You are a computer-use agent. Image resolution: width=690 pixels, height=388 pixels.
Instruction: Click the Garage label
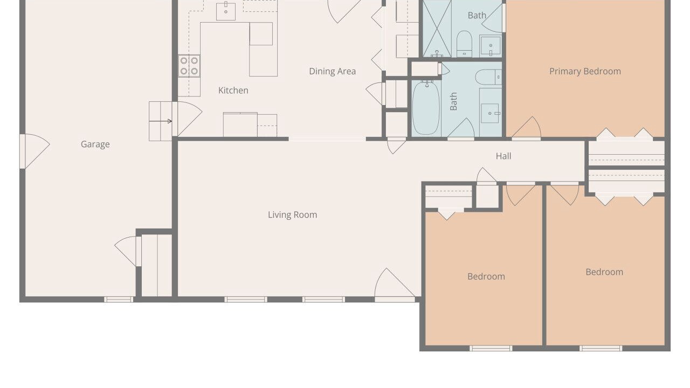click(x=95, y=144)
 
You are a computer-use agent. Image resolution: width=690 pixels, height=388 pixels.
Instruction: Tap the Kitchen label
click(x=233, y=91)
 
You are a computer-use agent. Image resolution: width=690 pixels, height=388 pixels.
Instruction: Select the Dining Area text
click(x=333, y=72)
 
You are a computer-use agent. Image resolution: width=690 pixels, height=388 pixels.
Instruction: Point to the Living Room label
click(x=292, y=214)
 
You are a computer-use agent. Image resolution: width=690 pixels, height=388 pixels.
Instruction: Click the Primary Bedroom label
click(x=585, y=72)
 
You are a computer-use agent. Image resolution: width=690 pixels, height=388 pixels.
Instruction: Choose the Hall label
click(x=503, y=156)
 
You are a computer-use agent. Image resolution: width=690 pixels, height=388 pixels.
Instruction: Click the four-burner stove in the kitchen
click(x=189, y=66)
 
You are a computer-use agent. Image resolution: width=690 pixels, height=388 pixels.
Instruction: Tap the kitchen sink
click(x=226, y=11)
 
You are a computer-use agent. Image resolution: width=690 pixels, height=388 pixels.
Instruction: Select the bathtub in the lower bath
click(x=426, y=107)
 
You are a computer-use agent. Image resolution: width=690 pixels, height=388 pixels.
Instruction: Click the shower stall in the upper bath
click(x=437, y=29)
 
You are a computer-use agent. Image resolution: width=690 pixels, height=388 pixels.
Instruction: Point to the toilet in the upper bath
click(x=464, y=44)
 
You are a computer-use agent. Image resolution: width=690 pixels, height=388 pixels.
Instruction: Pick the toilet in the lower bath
click(x=488, y=77)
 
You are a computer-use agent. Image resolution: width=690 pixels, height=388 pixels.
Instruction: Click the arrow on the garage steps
click(x=161, y=121)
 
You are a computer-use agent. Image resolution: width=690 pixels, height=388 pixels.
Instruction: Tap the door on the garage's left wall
click(x=34, y=151)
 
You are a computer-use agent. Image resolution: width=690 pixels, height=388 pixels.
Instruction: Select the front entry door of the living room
click(x=395, y=285)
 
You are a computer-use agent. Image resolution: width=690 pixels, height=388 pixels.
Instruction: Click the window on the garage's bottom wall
click(x=119, y=299)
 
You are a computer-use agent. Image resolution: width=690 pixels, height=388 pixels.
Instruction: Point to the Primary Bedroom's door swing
click(x=526, y=128)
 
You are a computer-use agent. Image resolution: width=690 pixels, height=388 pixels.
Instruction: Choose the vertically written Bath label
click(x=453, y=101)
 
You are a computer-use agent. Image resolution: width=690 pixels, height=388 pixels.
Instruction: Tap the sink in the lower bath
click(x=491, y=113)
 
